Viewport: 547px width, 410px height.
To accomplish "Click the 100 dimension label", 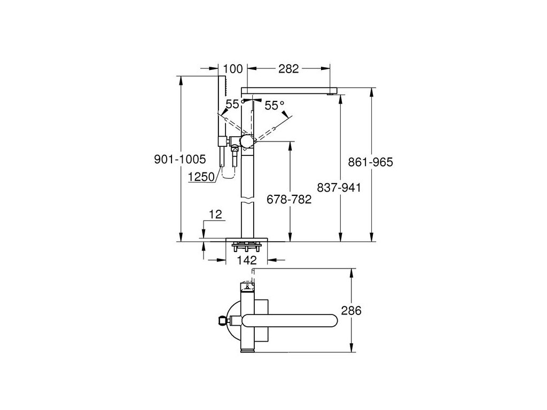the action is tap(233, 69).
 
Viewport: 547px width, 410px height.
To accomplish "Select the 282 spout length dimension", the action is tap(288, 69).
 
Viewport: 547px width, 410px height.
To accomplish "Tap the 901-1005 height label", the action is tap(180, 159).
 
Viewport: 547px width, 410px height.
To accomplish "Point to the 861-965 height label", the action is tap(371, 162).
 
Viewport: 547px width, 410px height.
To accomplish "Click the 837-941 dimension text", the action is tap(339, 187).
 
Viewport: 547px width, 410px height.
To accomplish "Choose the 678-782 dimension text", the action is tap(289, 200).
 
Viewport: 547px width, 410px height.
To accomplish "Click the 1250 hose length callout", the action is tap(201, 177).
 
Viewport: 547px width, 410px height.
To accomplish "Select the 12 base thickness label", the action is tap(215, 215).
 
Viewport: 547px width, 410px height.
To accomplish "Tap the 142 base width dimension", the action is tap(247, 260).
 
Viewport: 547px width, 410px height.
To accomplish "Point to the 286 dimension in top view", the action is tap(351, 310).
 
